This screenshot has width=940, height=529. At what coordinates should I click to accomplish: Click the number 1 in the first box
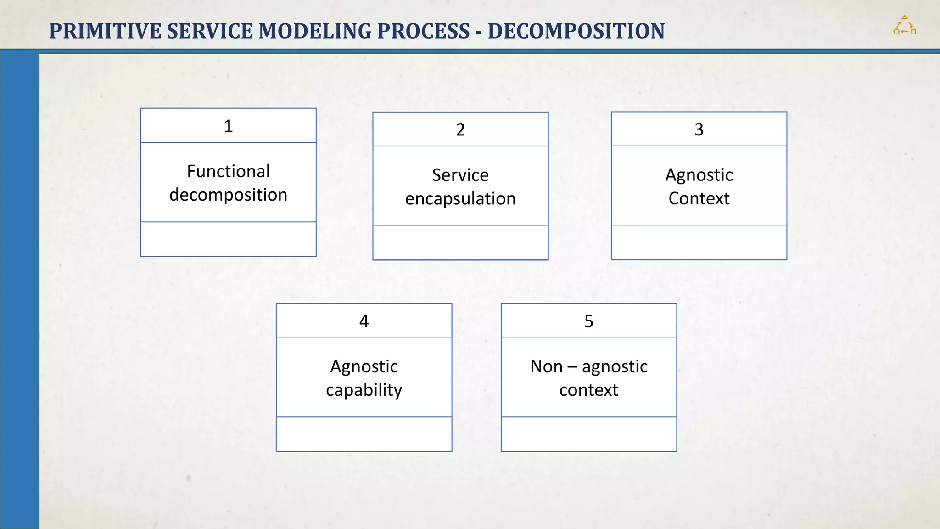(x=228, y=126)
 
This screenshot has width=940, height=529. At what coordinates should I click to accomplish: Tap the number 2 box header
(x=460, y=129)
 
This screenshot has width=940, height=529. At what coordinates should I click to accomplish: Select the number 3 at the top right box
(x=699, y=129)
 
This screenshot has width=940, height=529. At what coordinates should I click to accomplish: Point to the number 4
(x=364, y=321)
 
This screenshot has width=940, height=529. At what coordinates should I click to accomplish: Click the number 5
(x=588, y=321)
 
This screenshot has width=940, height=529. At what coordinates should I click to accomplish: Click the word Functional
(x=228, y=171)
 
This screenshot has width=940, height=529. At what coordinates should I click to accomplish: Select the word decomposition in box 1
(x=228, y=195)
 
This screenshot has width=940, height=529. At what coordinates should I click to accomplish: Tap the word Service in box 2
(x=460, y=175)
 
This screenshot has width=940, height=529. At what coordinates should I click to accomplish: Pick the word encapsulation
(x=460, y=199)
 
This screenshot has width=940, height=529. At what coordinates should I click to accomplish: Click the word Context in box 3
(x=699, y=198)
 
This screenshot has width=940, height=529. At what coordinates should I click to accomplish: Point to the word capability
(x=364, y=390)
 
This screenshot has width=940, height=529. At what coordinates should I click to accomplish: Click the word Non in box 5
(x=546, y=366)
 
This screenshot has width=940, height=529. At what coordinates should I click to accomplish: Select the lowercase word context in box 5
(x=588, y=390)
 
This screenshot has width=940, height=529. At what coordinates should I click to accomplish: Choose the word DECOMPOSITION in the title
(x=576, y=31)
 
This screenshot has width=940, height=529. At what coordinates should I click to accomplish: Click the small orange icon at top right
(x=904, y=25)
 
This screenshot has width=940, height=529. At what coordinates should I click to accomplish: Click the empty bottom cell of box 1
(x=228, y=239)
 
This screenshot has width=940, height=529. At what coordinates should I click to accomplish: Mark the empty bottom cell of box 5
(x=588, y=434)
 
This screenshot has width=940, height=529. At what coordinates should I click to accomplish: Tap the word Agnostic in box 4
(x=364, y=366)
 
